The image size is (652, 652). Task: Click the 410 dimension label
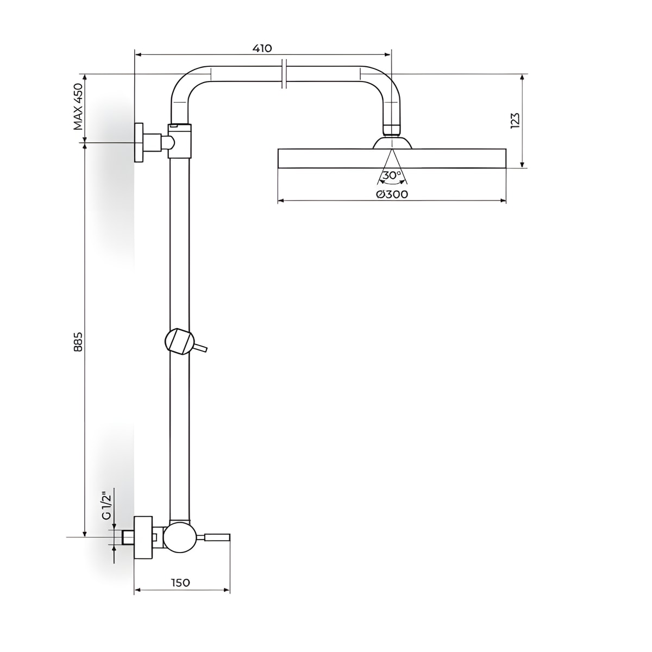[262, 48]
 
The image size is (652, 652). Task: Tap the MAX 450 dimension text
[78, 107]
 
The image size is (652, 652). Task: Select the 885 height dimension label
[78, 342]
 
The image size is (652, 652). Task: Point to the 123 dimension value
[514, 121]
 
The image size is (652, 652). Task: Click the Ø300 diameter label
[392, 195]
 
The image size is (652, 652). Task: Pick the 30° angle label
[392, 175]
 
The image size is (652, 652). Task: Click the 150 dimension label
[181, 582]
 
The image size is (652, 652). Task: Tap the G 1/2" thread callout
[106, 507]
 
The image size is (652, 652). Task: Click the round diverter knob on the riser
[180, 341]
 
